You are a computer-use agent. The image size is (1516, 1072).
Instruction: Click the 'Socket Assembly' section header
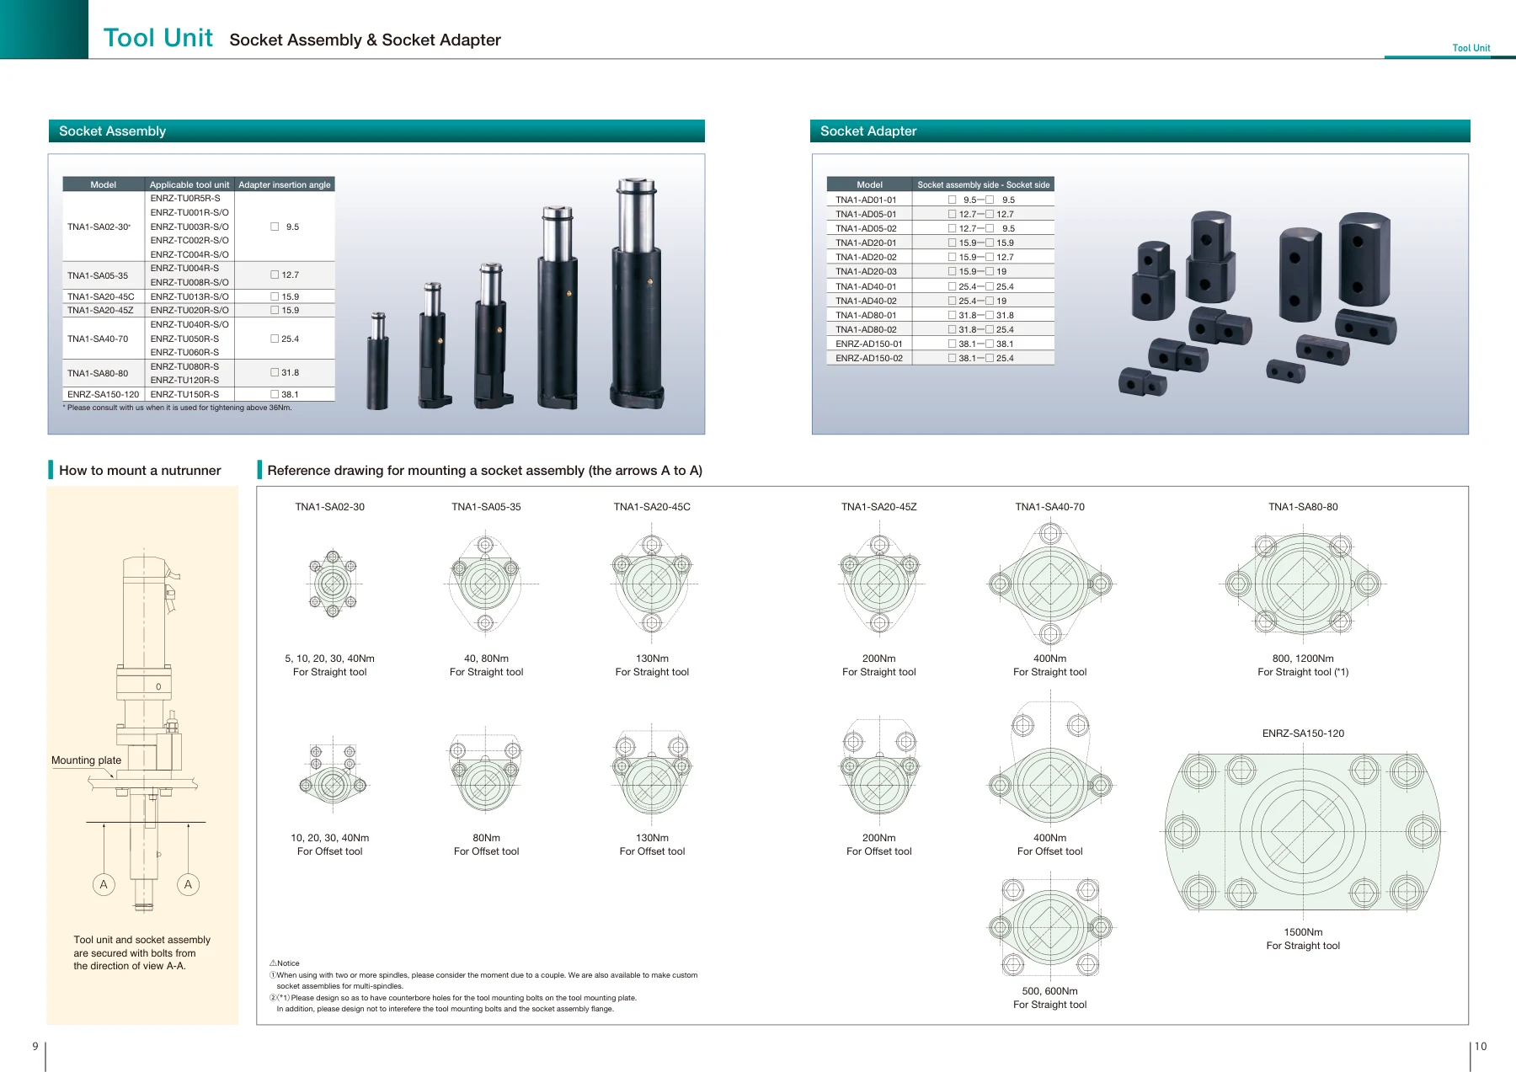point(112,131)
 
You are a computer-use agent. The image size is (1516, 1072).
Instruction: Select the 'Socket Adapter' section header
point(867,131)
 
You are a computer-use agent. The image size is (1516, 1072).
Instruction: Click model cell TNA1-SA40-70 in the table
point(98,339)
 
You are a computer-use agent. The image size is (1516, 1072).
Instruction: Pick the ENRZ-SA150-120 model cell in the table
point(103,394)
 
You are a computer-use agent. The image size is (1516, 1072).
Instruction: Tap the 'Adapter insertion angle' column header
point(285,184)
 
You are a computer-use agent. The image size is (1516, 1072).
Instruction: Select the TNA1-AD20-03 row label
point(866,272)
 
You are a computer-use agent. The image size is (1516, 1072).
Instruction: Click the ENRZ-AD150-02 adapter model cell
point(868,359)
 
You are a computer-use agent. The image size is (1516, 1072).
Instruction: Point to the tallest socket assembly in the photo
point(637,294)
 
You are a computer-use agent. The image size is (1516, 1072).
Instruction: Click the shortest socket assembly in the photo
point(378,361)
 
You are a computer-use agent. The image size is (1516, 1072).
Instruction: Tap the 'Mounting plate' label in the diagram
point(86,760)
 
